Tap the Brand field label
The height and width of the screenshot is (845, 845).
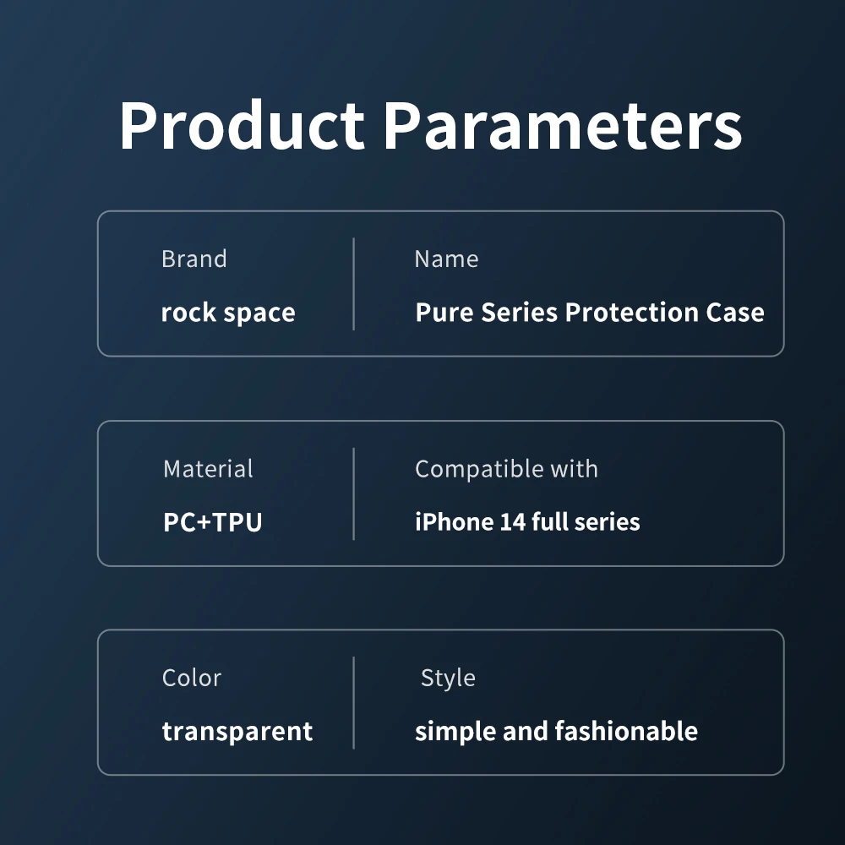click(x=194, y=259)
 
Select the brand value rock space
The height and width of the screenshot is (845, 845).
click(x=228, y=313)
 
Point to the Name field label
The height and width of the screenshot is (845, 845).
click(x=446, y=259)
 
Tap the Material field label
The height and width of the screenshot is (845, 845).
click(x=208, y=468)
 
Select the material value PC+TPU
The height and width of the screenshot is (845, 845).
click(x=213, y=521)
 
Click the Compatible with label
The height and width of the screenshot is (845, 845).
click(x=506, y=468)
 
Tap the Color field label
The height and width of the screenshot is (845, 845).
click(x=192, y=678)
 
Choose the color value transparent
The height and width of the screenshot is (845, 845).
click(x=237, y=731)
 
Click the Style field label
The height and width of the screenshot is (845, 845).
click(x=448, y=678)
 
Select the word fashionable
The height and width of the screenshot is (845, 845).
click(x=626, y=731)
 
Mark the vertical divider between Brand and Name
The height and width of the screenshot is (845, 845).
click(x=353, y=283)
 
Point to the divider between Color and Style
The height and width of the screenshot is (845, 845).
click(x=353, y=703)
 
